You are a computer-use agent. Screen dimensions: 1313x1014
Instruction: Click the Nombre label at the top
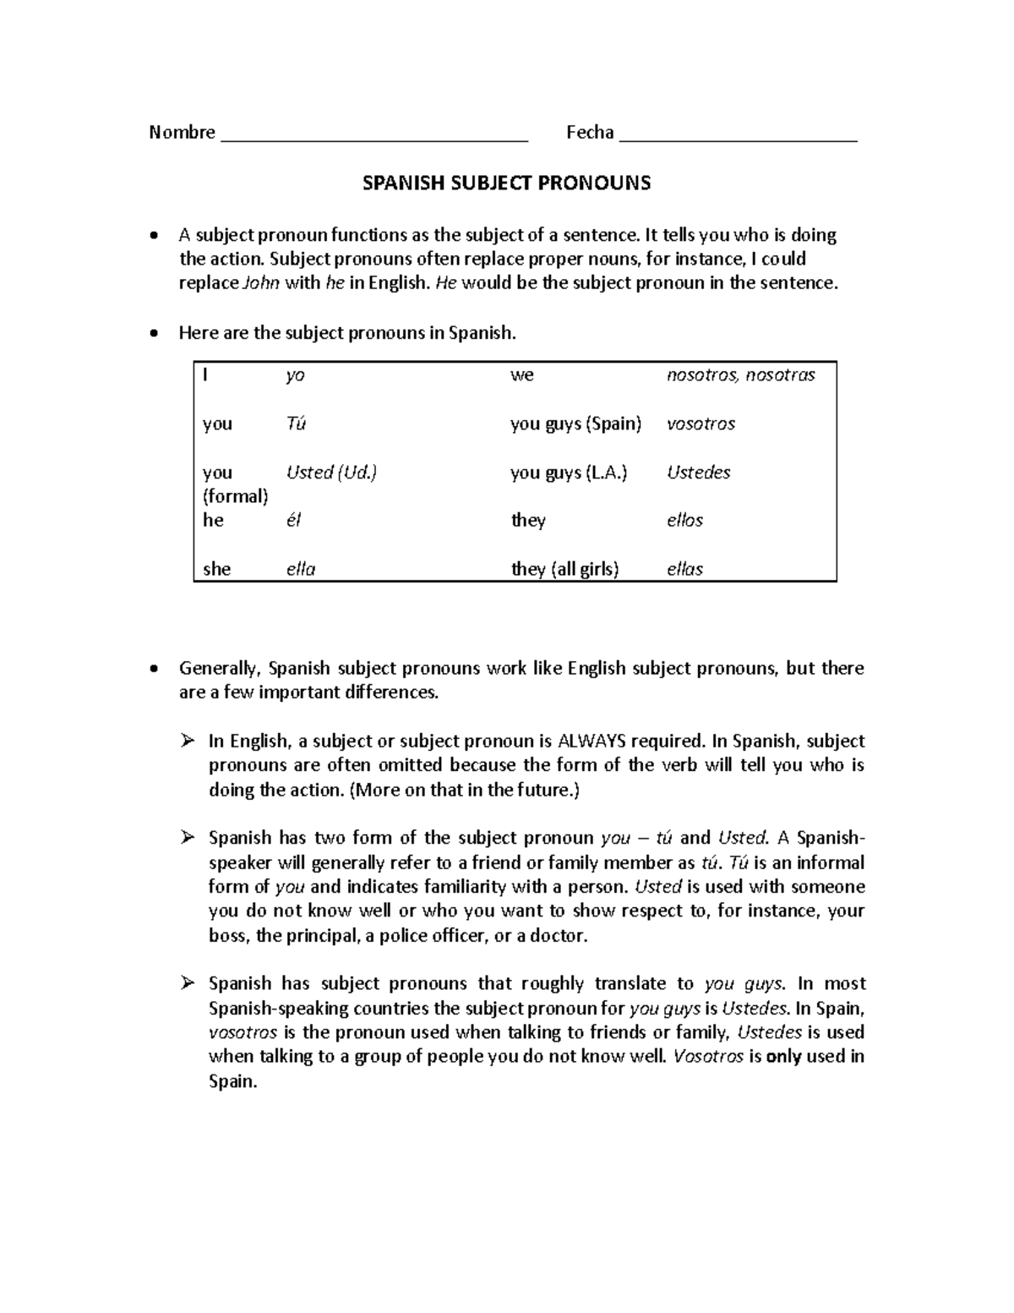pos(182,133)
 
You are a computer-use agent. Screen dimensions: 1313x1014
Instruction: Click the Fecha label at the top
pos(590,133)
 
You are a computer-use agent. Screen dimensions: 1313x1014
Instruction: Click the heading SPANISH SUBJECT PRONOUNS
pos(506,183)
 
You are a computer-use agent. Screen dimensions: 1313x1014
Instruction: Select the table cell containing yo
pos(295,375)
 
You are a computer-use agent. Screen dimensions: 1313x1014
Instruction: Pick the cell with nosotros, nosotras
pos(740,375)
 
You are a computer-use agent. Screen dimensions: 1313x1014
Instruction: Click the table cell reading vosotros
pos(701,424)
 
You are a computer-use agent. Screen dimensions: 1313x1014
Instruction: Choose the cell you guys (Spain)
pos(575,424)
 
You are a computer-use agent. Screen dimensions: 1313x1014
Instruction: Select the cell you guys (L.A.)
pos(569,473)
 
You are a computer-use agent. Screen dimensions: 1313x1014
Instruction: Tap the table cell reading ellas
pos(684,570)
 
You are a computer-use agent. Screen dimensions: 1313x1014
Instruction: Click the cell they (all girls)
pos(564,570)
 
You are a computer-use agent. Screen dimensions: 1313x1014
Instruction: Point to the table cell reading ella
pos(301,570)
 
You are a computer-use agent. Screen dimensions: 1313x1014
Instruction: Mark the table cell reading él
pos(293,521)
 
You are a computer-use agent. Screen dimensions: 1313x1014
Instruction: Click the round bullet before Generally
pos(152,669)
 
